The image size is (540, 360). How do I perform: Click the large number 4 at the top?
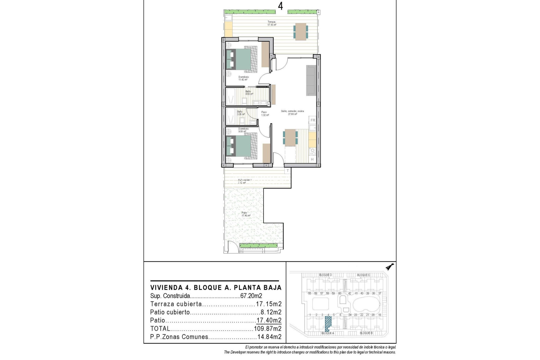[x=280, y=6]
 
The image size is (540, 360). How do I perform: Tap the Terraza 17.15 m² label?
[x=271, y=23]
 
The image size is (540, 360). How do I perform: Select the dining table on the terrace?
[x=301, y=31]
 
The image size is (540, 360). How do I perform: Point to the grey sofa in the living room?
[x=311, y=80]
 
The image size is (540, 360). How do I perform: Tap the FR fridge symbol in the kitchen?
[x=312, y=120]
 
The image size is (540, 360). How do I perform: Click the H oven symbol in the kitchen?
[x=312, y=159]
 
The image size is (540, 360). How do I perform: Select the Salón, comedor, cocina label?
[x=292, y=112]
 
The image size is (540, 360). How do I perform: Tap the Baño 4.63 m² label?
[x=249, y=93]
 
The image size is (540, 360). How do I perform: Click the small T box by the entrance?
[x=288, y=171]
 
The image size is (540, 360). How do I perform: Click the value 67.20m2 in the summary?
[x=251, y=296]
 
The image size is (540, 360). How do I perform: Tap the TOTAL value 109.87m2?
[x=268, y=328]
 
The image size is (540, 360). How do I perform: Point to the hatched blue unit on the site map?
[x=328, y=324]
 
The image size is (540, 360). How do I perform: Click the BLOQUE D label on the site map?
[x=325, y=275]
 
